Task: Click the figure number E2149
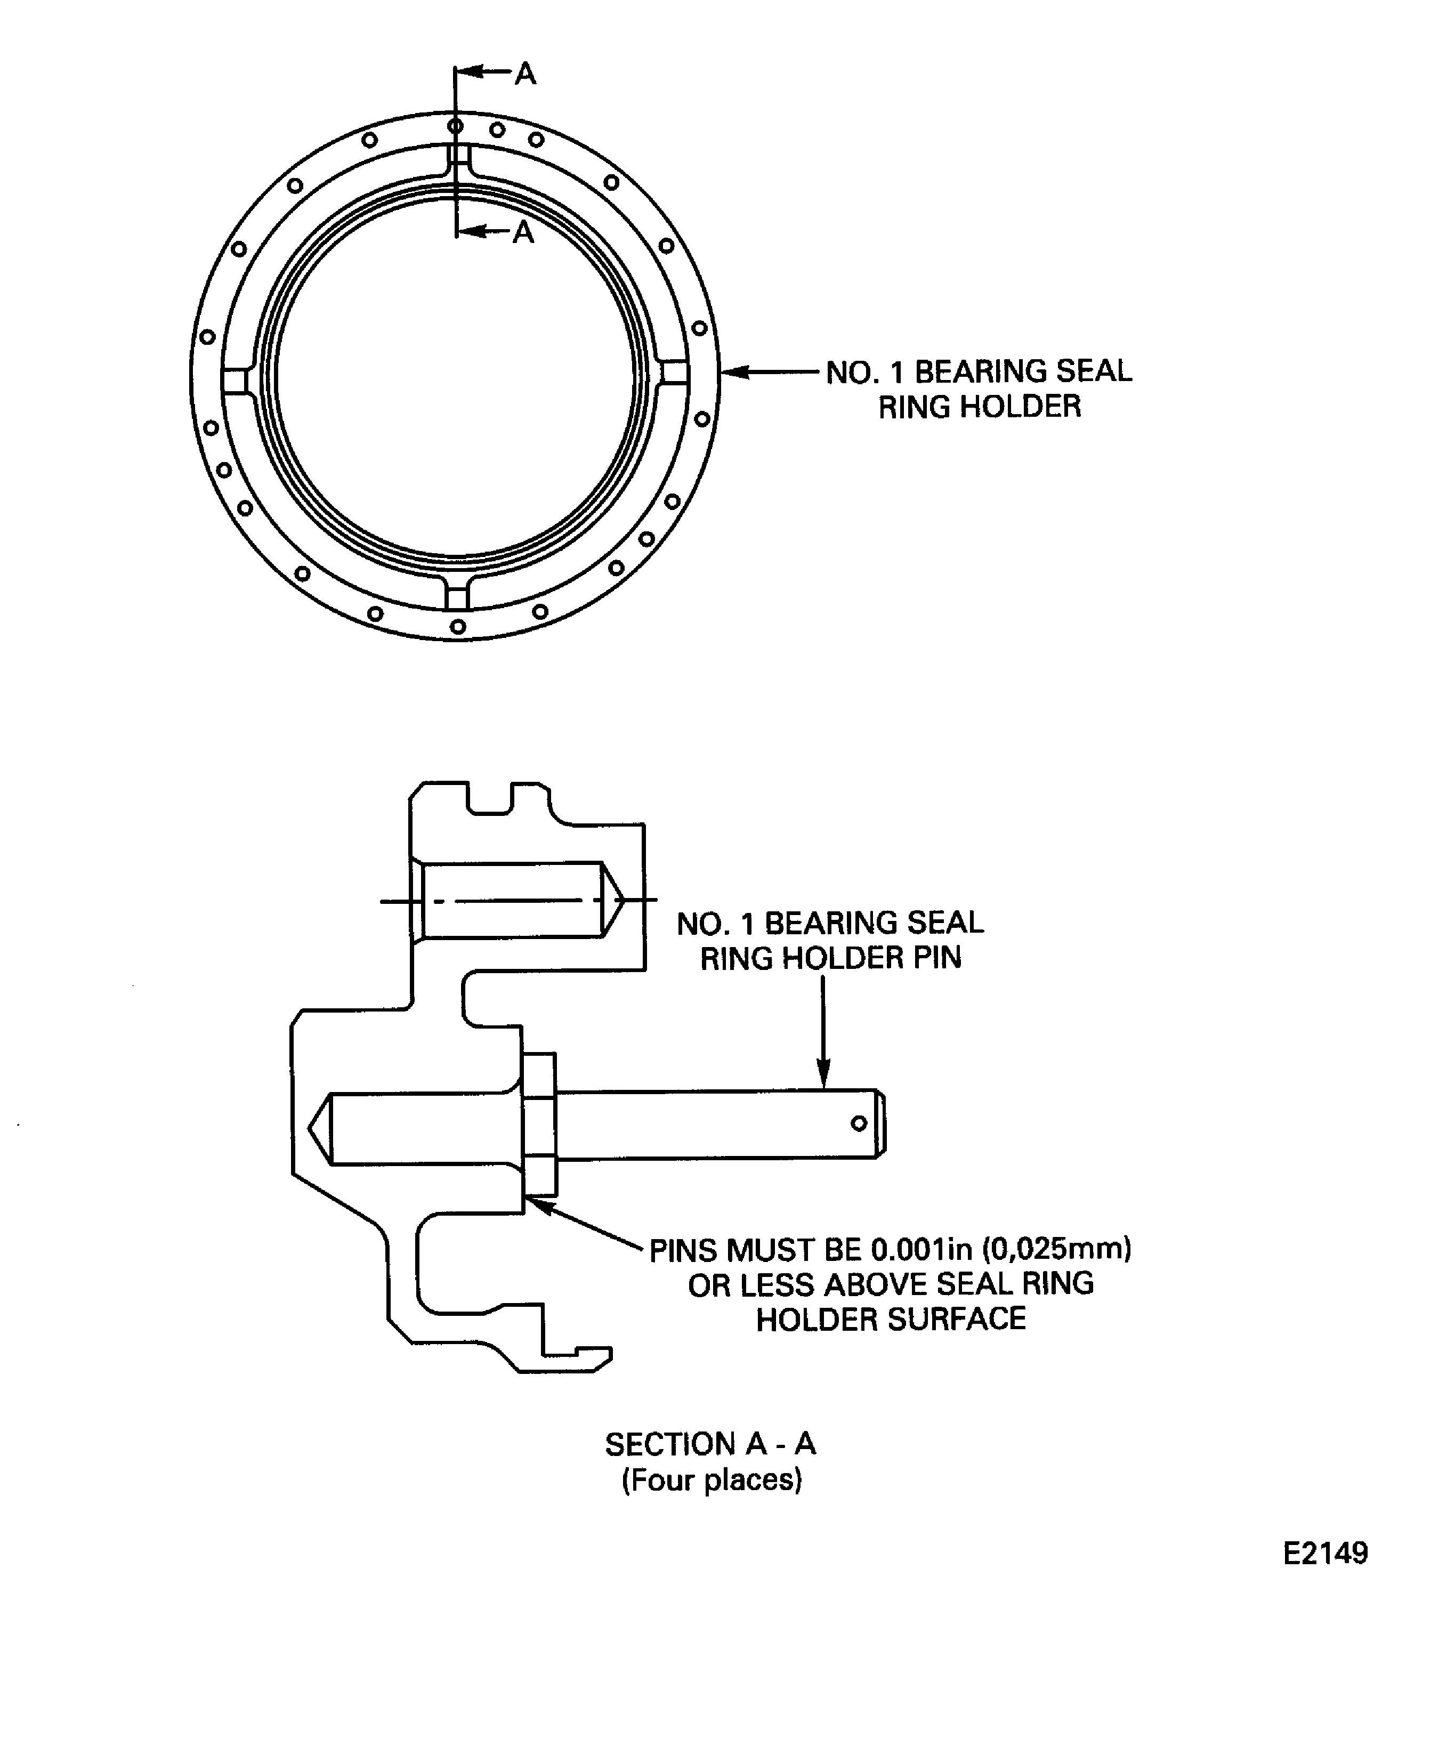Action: tap(1325, 1552)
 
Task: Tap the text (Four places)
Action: tap(712, 1480)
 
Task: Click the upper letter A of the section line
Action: tap(525, 74)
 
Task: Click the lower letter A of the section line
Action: tap(522, 233)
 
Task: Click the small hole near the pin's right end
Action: tap(859, 1124)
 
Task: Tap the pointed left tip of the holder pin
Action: tap(310, 1128)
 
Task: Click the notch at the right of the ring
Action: tap(675, 373)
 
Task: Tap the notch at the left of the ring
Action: tap(235, 381)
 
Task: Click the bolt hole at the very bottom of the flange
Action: tap(458, 627)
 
